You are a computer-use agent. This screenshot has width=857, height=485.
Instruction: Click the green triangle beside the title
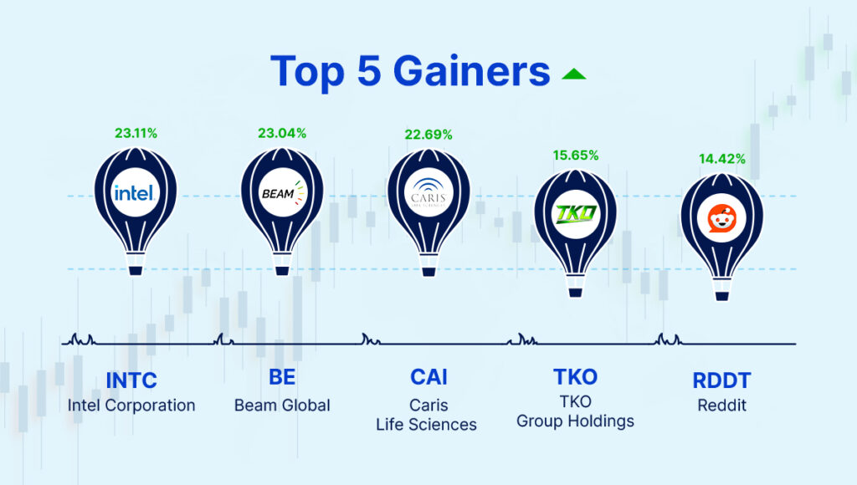(574, 74)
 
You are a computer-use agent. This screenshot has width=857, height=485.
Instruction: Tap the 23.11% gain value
(136, 133)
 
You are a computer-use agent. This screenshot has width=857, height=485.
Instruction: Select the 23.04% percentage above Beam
(282, 133)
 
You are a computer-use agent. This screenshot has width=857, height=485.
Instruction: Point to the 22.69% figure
(428, 135)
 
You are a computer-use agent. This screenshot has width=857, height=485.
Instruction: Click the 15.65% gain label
(576, 155)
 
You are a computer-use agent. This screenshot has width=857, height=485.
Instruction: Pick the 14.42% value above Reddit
(722, 159)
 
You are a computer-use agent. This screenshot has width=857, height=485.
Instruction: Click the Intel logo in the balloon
(135, 192)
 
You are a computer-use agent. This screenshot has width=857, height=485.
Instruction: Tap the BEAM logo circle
(282, 192)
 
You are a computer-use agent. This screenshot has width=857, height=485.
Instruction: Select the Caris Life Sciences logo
(428, 193)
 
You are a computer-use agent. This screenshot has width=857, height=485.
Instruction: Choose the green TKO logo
(576, 213)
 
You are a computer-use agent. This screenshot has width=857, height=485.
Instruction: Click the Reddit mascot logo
(722, 218)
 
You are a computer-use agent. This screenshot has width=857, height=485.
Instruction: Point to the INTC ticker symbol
(131, 380)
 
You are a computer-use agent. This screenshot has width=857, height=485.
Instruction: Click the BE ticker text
(282, 377)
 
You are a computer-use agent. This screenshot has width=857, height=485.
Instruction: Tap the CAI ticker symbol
(428, 377)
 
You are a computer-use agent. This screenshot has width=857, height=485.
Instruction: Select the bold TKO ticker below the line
(576, 377)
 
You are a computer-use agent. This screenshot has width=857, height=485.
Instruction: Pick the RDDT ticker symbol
(722, 380)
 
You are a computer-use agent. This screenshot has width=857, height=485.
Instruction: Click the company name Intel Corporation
(131, 406)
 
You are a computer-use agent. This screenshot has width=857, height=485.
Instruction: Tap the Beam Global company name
(282, 406)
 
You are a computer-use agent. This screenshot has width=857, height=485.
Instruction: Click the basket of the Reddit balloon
(722, 297)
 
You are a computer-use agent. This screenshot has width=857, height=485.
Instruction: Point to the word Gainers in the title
(471, 71)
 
